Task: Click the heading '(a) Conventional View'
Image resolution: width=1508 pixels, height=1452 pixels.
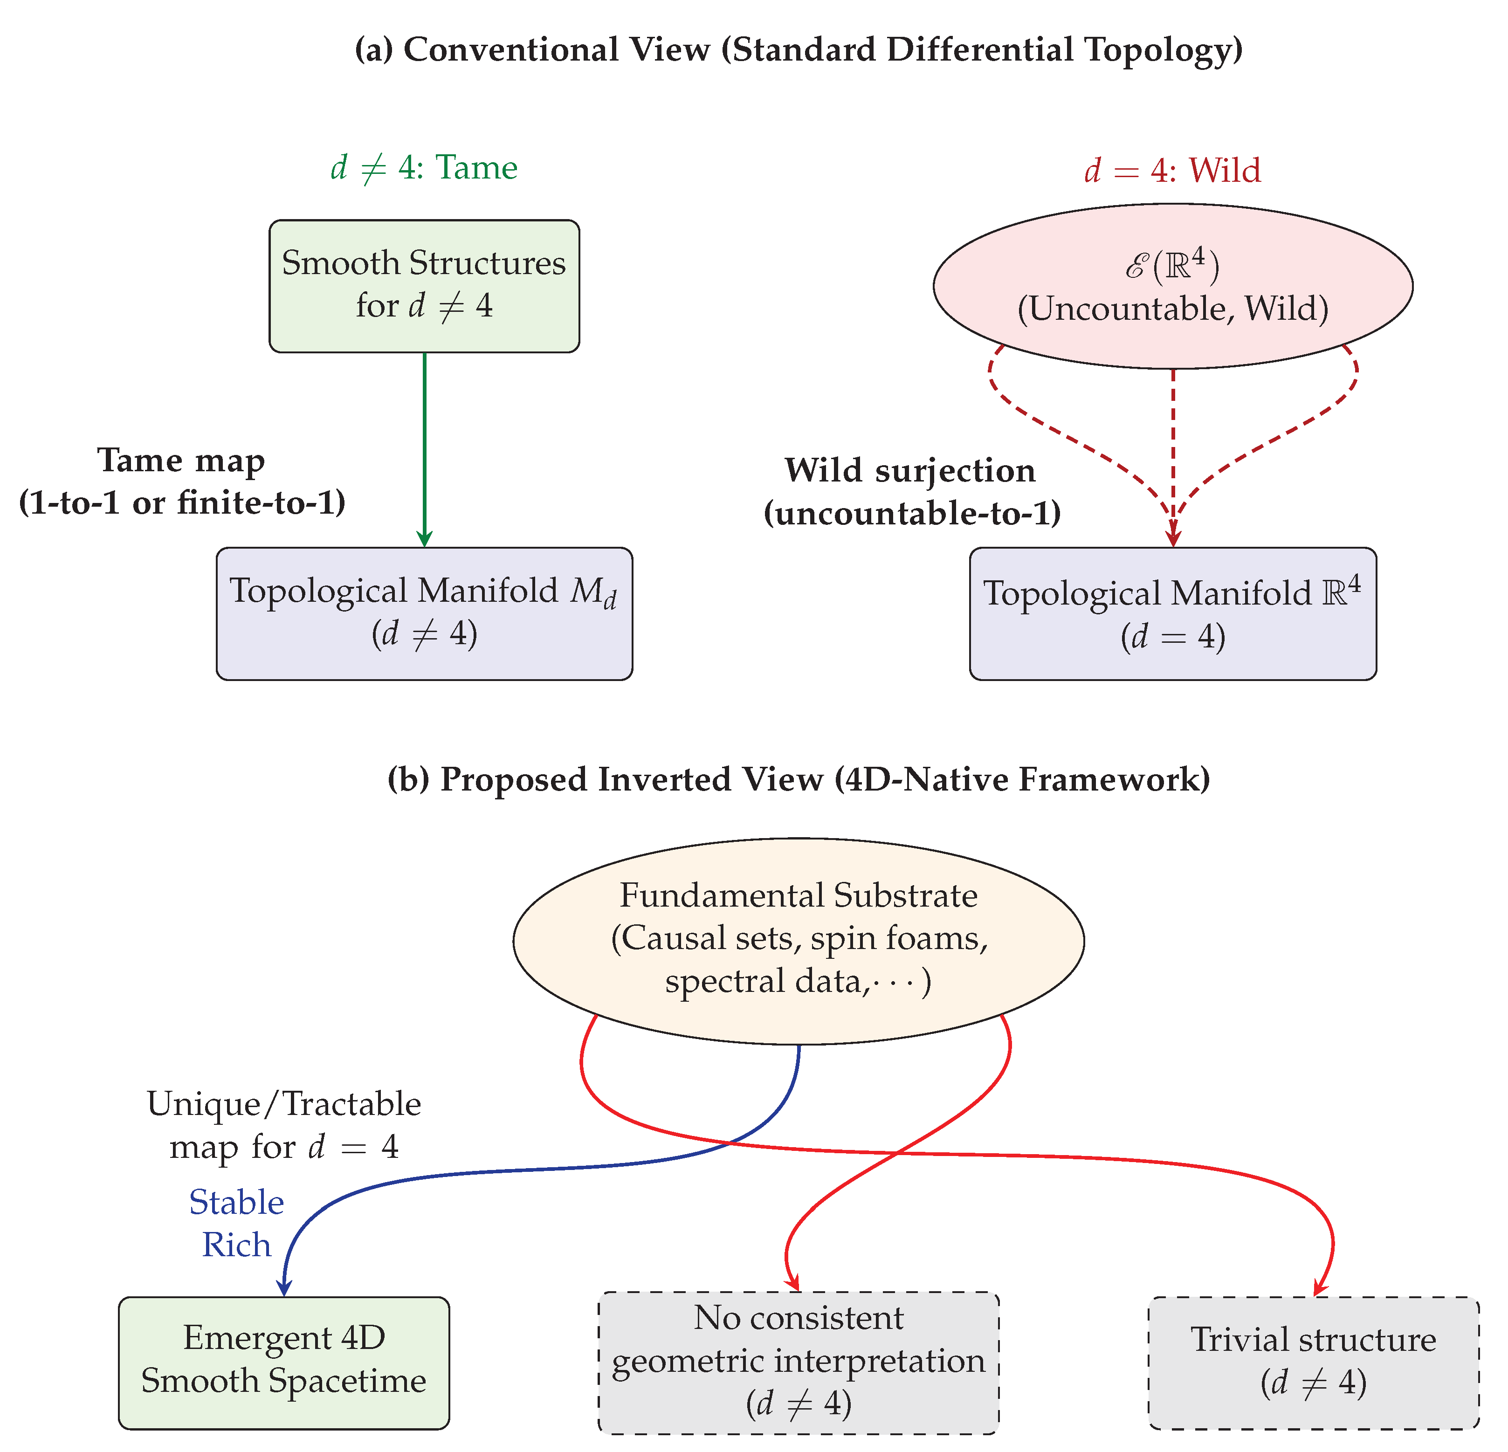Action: coord(798,50)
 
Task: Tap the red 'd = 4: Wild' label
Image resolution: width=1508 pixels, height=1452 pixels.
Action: coord(1172,170)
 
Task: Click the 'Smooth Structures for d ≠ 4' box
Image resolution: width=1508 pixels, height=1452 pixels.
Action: coord(424,285)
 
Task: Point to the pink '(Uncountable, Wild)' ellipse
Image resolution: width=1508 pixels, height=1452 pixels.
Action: coord(1172,285)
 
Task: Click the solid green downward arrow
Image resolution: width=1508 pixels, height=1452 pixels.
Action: coord(424,446)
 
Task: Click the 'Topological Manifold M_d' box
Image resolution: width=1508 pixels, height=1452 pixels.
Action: coord(424,613)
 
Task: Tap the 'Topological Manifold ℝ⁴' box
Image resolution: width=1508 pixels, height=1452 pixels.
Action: coord(1172,613)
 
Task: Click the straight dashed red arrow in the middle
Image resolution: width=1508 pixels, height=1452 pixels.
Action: coord(1172,446)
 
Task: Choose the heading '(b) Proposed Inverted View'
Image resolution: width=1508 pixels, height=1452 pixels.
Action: coord(798,779)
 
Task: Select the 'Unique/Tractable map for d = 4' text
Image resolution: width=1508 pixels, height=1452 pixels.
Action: coord(284,1125)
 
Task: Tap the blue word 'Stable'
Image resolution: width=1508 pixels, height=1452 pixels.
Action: coord(236,1202)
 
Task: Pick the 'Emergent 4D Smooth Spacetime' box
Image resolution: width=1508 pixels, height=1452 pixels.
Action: coord(284,1362)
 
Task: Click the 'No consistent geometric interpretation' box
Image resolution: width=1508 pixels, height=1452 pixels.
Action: coord(798,1362)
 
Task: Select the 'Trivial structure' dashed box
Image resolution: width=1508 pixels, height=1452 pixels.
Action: coord(1313,1362)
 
